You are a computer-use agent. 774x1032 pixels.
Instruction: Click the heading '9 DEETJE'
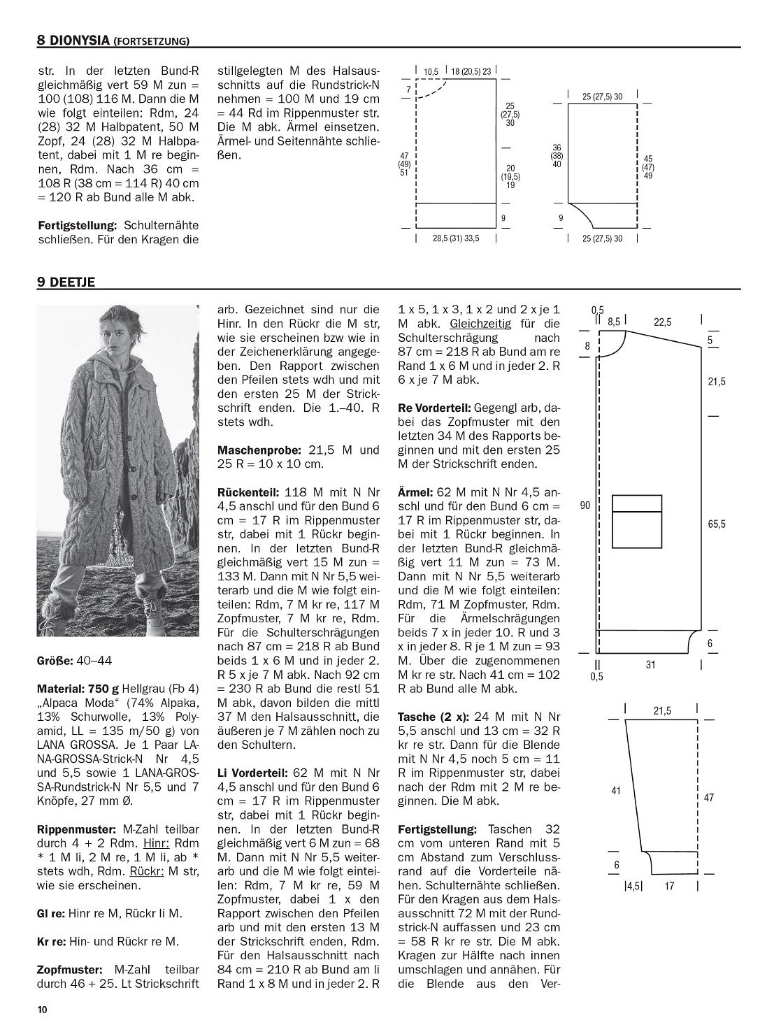66,282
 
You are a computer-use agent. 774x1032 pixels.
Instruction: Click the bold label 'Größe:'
54,660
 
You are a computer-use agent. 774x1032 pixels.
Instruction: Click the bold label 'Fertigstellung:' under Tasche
437,829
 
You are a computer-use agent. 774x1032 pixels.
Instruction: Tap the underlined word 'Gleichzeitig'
480,324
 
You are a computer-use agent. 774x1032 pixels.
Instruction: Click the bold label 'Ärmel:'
415,492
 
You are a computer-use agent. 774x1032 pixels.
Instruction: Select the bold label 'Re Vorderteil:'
433,408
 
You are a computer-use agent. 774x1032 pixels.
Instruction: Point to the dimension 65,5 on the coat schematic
717,524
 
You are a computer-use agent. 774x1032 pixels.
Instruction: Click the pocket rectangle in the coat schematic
637,520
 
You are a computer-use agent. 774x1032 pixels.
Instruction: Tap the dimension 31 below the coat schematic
650,665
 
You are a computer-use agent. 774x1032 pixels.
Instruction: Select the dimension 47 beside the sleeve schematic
709,797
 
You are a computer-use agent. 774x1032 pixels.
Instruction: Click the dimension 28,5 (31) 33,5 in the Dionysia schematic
456,238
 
